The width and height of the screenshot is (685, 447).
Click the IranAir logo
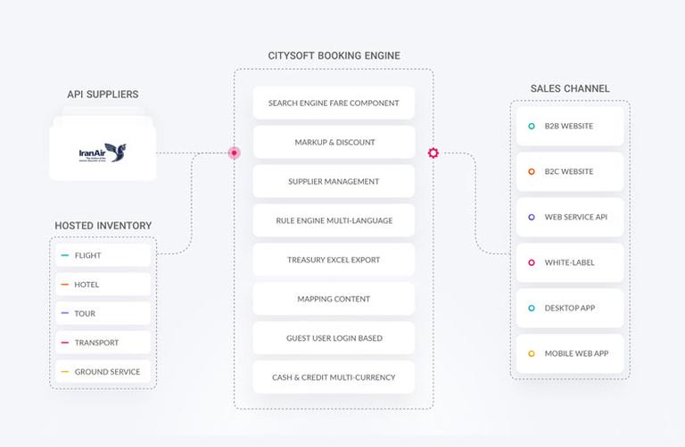click(103, 153)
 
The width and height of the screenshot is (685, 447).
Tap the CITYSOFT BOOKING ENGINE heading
click(334, 55)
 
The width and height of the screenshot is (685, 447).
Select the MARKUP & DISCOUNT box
click(334, 142)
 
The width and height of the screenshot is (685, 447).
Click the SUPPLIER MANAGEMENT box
click(334, 181)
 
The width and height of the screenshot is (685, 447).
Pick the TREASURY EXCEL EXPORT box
click(334, 260)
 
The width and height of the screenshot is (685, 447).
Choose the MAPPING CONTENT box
click(334, 299)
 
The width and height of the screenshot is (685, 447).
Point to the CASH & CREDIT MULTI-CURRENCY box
click(334, 377)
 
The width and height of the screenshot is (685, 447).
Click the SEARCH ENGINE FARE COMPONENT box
click(334, 103)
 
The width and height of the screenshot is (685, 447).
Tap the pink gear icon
click(433, 153)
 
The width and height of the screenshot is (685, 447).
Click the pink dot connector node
click(235, 153)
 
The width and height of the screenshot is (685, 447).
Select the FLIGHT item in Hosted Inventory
click(103, 255)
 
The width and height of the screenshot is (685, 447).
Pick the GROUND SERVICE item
click(103, 372)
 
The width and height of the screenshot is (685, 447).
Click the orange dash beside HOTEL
click(64, 285)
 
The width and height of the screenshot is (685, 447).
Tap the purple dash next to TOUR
click(64, 313)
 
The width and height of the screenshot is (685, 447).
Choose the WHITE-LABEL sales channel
click(570, 262)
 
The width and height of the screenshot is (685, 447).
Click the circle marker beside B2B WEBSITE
click(532, 127)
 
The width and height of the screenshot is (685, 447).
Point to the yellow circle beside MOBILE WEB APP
click(532, 353)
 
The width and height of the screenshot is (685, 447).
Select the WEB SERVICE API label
click(576, 217)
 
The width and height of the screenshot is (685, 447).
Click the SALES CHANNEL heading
click(570, 88)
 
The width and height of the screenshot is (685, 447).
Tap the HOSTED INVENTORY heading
click(103, 226)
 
